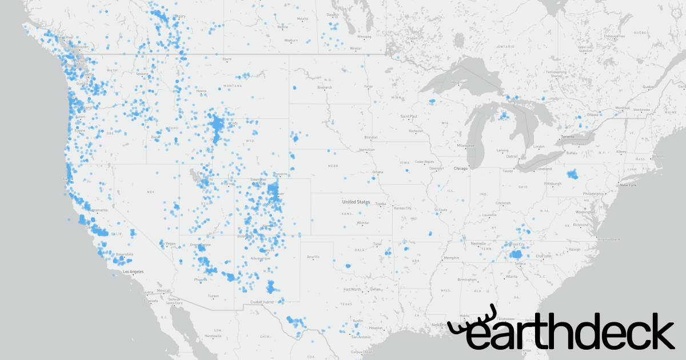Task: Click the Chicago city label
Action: point(460,169)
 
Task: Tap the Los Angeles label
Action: point(133,271)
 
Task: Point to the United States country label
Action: point(356,202)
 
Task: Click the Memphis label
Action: point(452,257)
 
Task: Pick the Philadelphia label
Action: point(593,194)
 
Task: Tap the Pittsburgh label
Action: point(553,183)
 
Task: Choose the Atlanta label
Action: point(512,277)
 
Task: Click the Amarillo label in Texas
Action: point(313,257)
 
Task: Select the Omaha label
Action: point(377,172)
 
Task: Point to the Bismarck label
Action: point(325,87)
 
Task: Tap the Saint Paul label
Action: point(409,117)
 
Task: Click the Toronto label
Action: point(567,138)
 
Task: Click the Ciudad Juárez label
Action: point(262,301)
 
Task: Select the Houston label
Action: point(376,328)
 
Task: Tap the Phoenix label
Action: point(201,279)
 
